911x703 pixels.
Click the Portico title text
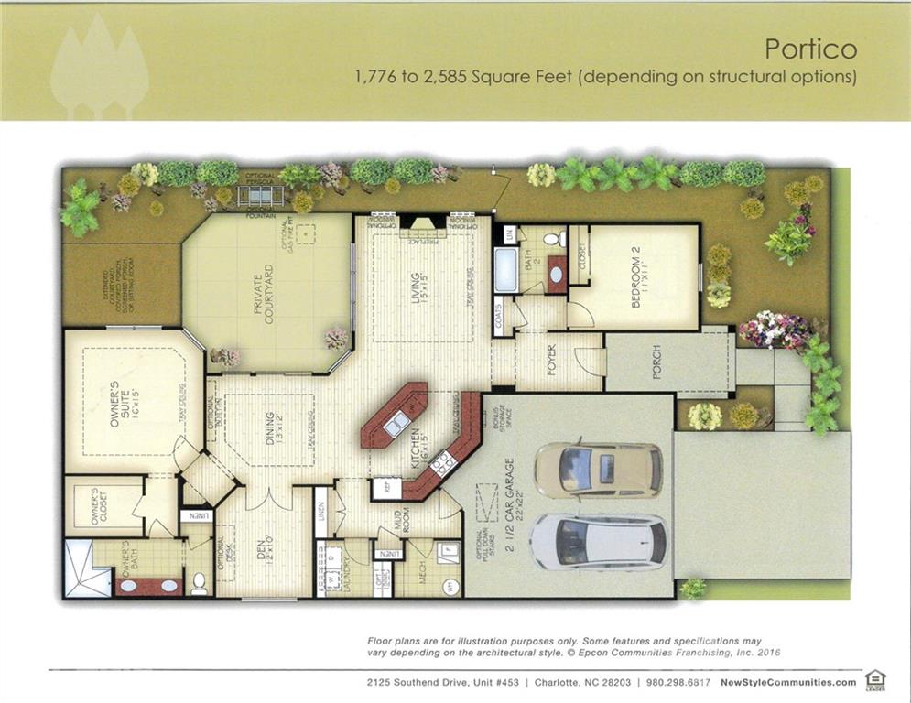point(810,47)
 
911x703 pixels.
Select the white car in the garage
point(597,540)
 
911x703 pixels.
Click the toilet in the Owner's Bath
point(199,582)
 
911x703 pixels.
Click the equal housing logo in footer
point(874,680)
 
